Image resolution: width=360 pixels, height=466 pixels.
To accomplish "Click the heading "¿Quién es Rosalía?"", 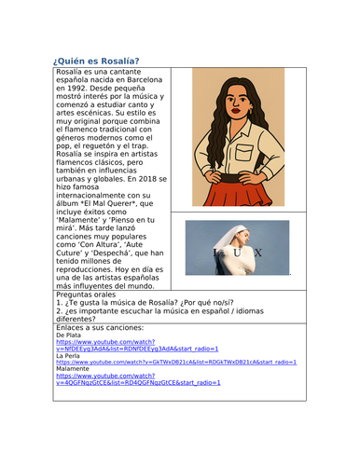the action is [97, 62].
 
